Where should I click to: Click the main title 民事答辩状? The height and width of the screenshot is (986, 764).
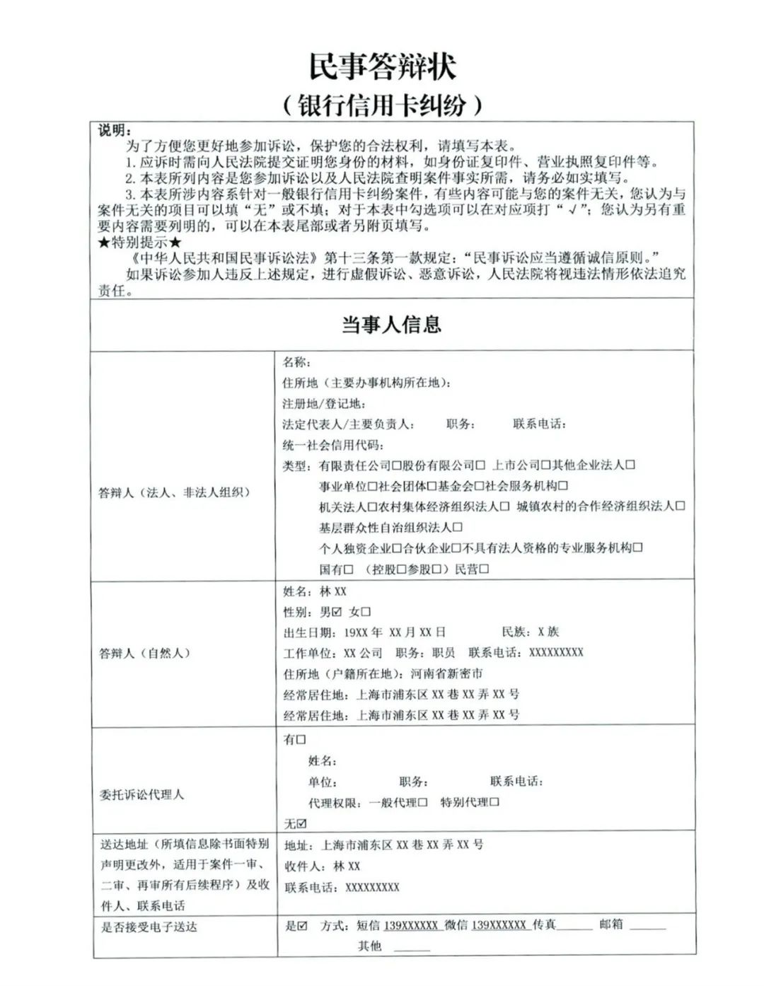tap(382, 66)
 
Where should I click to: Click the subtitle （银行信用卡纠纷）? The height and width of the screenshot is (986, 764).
tap(382, 105)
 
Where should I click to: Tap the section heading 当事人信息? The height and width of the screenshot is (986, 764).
tap(391, 325)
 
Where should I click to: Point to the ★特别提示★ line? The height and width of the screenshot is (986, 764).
tap(140, 242)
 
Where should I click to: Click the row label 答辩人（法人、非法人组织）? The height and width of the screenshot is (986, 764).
tap(174, 492)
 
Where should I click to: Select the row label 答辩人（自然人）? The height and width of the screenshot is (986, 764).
tap(145, 653)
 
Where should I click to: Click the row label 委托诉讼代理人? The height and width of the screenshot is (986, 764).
tap(141, 794)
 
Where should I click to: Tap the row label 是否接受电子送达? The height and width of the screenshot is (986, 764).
tap(149, 927)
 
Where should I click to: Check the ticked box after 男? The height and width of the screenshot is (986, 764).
tap(336, 612)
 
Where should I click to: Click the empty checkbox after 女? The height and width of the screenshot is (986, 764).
tap(366, 612)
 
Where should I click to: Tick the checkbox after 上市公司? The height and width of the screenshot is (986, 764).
tap(545, 465)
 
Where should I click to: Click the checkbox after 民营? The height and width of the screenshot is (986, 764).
tap(484, 569)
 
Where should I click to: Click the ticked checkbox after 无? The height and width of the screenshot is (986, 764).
tap(302, 824)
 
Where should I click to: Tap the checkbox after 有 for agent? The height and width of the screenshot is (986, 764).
tap(301, 740)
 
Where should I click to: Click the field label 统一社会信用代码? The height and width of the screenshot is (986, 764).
tap(332, 445)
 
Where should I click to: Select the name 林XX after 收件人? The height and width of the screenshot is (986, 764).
tap(347, 866)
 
